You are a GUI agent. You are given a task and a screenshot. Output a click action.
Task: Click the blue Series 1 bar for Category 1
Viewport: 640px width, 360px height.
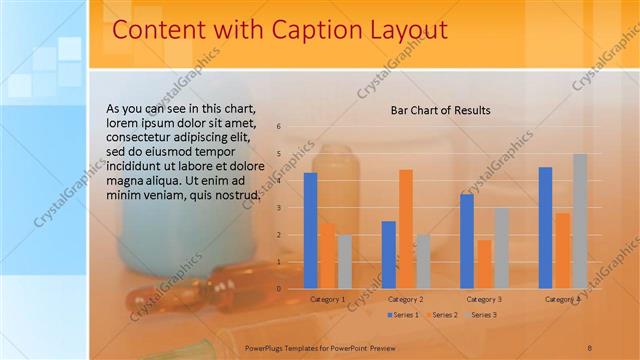310,231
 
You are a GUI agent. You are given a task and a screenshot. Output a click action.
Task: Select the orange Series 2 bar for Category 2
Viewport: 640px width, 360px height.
405,229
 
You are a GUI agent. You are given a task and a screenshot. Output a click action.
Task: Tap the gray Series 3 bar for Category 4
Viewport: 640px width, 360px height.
579,221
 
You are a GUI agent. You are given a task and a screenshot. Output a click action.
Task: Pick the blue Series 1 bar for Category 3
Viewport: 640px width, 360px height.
467,241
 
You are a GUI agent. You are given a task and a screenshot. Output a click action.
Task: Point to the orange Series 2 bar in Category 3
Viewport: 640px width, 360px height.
484,264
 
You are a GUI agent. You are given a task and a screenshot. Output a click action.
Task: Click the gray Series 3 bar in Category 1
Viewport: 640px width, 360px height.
344,261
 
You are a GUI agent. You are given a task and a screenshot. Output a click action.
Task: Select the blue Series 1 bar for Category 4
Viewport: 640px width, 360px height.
545,228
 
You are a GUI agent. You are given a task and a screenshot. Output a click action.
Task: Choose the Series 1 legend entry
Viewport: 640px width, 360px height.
404,315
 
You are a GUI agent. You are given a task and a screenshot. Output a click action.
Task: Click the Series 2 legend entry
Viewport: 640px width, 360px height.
443,315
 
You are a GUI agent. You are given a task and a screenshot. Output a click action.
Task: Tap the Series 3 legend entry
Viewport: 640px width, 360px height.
483,315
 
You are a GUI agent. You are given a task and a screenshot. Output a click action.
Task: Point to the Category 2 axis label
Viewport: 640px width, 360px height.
406,299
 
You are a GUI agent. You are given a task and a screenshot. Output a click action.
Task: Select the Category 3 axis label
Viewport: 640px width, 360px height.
484,299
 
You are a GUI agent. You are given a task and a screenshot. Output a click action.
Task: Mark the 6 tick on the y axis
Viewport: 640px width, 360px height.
279,126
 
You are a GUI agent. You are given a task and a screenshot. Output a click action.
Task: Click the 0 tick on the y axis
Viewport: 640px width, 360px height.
279,288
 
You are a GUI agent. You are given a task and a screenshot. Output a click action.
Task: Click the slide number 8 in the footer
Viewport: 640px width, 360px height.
589,347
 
